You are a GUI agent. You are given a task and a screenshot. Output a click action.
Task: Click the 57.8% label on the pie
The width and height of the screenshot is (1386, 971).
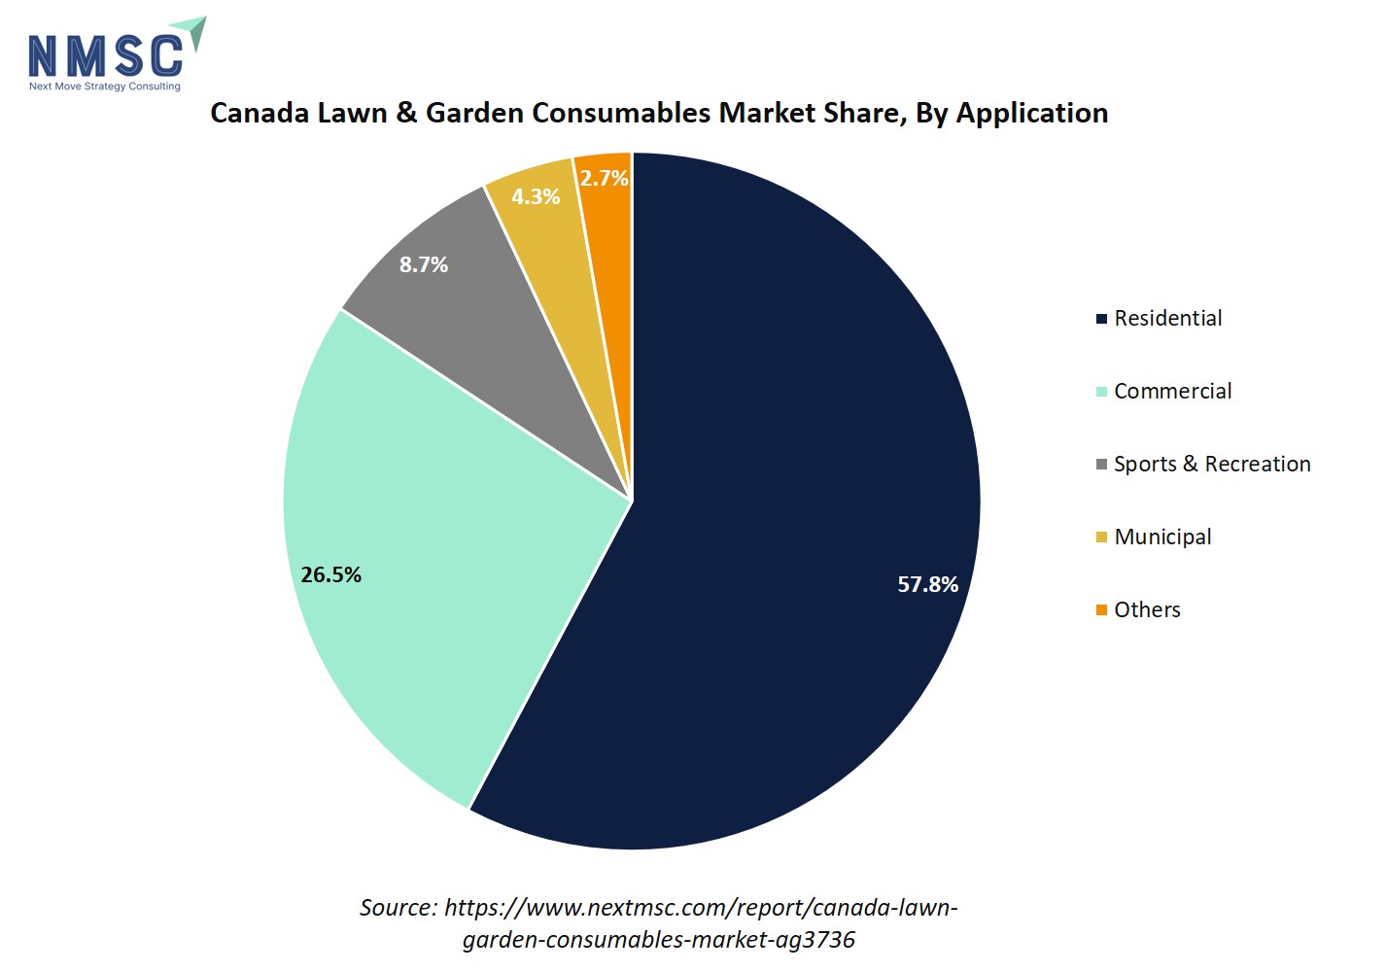(927, 584)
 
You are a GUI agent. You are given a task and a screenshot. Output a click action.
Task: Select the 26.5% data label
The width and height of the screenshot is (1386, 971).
(330, 574)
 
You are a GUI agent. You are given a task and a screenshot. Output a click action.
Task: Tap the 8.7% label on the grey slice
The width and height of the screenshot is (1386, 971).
(424, 264)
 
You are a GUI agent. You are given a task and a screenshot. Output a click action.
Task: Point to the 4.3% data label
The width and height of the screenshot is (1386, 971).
(536, 196)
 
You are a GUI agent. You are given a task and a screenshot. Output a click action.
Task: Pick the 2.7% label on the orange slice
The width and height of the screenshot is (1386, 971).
(604, 178)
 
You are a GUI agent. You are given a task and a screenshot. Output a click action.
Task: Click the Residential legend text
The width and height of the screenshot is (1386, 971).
(1167, 318)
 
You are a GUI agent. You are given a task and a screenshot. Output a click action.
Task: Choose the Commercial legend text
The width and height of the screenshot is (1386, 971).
(1172, 391)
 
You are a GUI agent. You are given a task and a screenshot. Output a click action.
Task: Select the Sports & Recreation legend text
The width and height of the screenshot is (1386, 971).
(1212, 464)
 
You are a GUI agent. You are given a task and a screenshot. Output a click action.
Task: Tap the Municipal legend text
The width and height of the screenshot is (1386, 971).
(1162, 537)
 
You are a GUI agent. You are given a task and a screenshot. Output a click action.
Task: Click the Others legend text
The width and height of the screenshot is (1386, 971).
(1147, 609)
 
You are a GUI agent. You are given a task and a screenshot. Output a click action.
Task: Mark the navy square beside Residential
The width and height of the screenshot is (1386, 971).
(1101, 319)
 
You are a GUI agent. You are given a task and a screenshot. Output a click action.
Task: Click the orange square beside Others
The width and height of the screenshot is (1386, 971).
(1101, 610)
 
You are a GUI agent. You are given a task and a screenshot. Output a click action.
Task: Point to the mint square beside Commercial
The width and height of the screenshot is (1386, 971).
(1101, 392)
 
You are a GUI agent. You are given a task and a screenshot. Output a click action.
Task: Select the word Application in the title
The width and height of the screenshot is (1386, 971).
(1032, 114)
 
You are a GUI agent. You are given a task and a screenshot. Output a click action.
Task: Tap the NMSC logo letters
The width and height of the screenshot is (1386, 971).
(105, 56)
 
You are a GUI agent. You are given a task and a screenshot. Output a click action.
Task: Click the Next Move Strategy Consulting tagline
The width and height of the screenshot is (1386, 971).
(105, 87)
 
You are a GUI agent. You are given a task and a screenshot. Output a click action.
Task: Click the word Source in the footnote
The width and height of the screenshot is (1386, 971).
(398, 908)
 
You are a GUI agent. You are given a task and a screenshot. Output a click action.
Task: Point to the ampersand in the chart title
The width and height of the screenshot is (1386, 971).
(406, 113)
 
